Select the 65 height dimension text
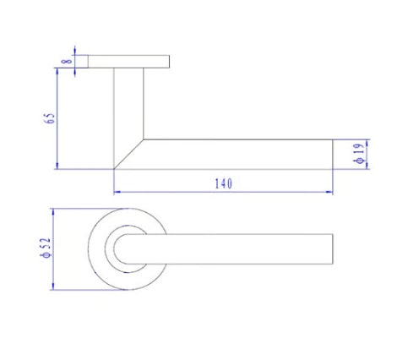pyautogui.click(x=51, y=118)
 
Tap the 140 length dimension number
pyautogui.click(x=224, y=183)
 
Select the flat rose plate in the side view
pyautogui.click(x=128, y=62)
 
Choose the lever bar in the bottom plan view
pyautogui.click(x=237, y=251)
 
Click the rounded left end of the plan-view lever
pyautogui.click(x=119, y=251)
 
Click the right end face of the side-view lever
pyautogui.click(x=331, y=154)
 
